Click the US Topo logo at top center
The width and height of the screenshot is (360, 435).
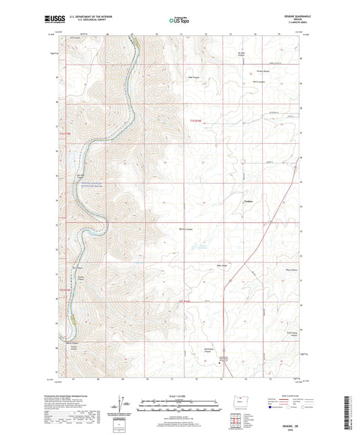pos(179,20)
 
